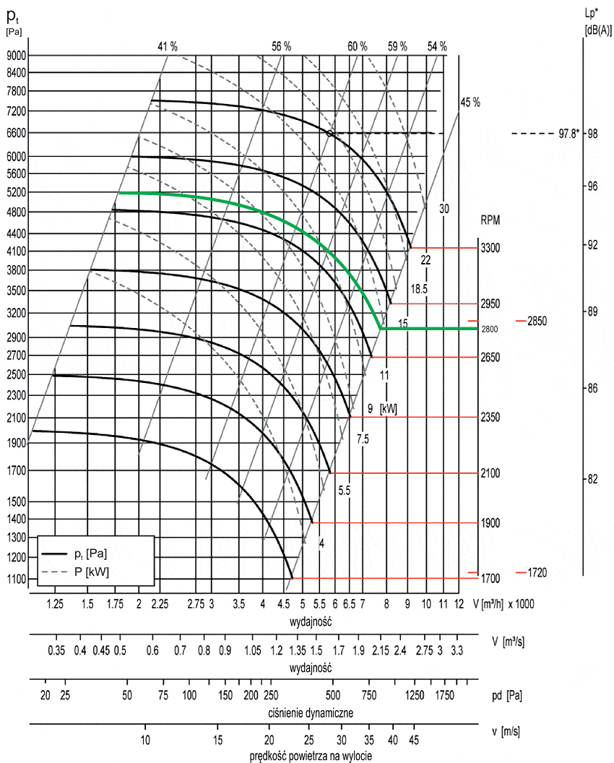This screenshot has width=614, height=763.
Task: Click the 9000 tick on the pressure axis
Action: coord(16,55)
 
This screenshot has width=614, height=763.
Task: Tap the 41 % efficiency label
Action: coord(168,46)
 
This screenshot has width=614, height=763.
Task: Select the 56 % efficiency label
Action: coord(281,46)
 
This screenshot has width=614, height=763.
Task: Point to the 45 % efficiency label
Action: coord(470,102)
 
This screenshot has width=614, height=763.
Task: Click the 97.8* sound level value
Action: coord(568,134)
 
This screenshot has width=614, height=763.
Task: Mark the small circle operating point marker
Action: coord(329,134)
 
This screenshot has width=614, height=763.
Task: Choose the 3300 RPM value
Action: coord(490,248)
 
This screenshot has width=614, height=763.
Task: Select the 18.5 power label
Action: coord(420,288)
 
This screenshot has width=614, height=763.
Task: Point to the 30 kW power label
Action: coord(444,208)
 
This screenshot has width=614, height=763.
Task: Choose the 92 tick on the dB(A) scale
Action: coord(592,244)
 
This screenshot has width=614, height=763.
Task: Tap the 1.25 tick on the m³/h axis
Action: coord(56,603)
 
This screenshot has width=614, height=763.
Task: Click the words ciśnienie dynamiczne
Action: coord(310,712)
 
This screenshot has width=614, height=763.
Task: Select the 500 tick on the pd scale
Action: coord(333,695)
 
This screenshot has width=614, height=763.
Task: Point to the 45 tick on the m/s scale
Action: coord(414,740)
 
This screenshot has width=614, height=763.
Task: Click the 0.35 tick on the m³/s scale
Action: coord(56,650)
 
